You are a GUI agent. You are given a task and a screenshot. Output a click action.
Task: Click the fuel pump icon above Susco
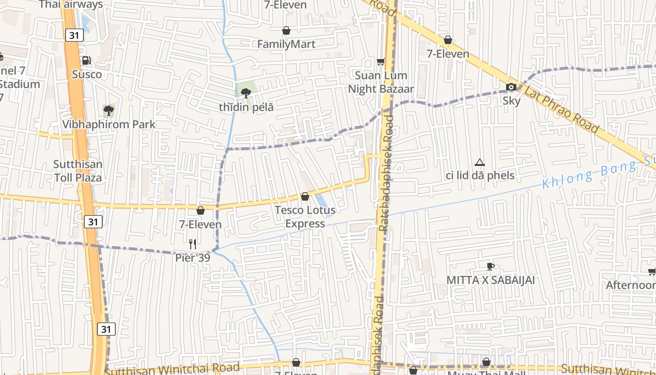(86, 60)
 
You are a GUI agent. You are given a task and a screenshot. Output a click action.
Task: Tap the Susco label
(87, 75)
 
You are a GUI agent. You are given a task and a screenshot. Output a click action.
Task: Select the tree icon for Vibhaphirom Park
(109, 111)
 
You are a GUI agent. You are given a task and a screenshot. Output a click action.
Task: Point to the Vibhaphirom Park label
(109, 125)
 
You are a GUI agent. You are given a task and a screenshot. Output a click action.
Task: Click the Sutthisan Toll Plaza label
(78, 171)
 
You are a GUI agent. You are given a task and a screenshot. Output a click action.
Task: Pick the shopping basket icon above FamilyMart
(286, 31)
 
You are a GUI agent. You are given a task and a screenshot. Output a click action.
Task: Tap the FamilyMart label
(286, 45)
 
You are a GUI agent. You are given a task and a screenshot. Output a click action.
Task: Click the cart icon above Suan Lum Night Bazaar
(381, 61)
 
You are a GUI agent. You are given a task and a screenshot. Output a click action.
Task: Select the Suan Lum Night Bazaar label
(381, 82)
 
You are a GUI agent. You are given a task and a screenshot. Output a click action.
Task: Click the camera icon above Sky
(511, 87)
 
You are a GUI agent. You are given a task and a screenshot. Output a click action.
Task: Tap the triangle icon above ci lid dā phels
(479, 163)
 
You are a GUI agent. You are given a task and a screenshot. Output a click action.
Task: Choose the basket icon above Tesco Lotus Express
(305, 196)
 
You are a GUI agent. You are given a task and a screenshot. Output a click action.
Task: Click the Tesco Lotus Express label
(305, 217)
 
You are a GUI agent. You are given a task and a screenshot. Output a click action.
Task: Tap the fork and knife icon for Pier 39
(192, 244)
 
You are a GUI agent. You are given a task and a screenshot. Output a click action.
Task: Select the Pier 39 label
(192, 257)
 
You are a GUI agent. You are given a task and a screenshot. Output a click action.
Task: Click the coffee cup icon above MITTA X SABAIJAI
(490, 267)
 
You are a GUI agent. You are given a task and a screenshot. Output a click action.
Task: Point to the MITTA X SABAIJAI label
(491, 280)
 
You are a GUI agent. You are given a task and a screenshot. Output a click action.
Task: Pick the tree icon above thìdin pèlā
(246, 93)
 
